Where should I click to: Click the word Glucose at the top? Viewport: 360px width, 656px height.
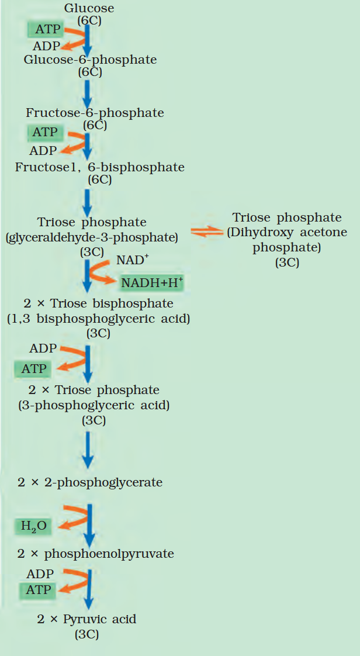[x=89, y=8]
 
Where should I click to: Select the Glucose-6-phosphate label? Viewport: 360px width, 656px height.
[x=90, y=60]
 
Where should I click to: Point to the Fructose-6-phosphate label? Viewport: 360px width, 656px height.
[x=95, y=112]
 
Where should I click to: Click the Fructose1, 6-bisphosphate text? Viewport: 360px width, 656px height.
[x=99, y=167]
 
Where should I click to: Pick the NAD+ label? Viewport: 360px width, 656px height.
[x=131, y=260]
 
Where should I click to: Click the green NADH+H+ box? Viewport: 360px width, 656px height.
[x=152, y=283]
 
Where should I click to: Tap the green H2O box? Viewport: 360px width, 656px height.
[x=33, y=526]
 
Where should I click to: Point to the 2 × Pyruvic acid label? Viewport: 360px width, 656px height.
[x=86, y=619]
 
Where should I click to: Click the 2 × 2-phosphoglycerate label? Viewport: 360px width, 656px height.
[x=89, y=482]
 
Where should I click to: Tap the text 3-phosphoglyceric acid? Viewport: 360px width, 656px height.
[x=94, y=405]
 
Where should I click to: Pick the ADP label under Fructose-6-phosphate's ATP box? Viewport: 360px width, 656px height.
[x=44, y=151]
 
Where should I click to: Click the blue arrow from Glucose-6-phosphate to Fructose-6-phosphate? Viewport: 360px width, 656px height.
[x=87, y=94]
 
